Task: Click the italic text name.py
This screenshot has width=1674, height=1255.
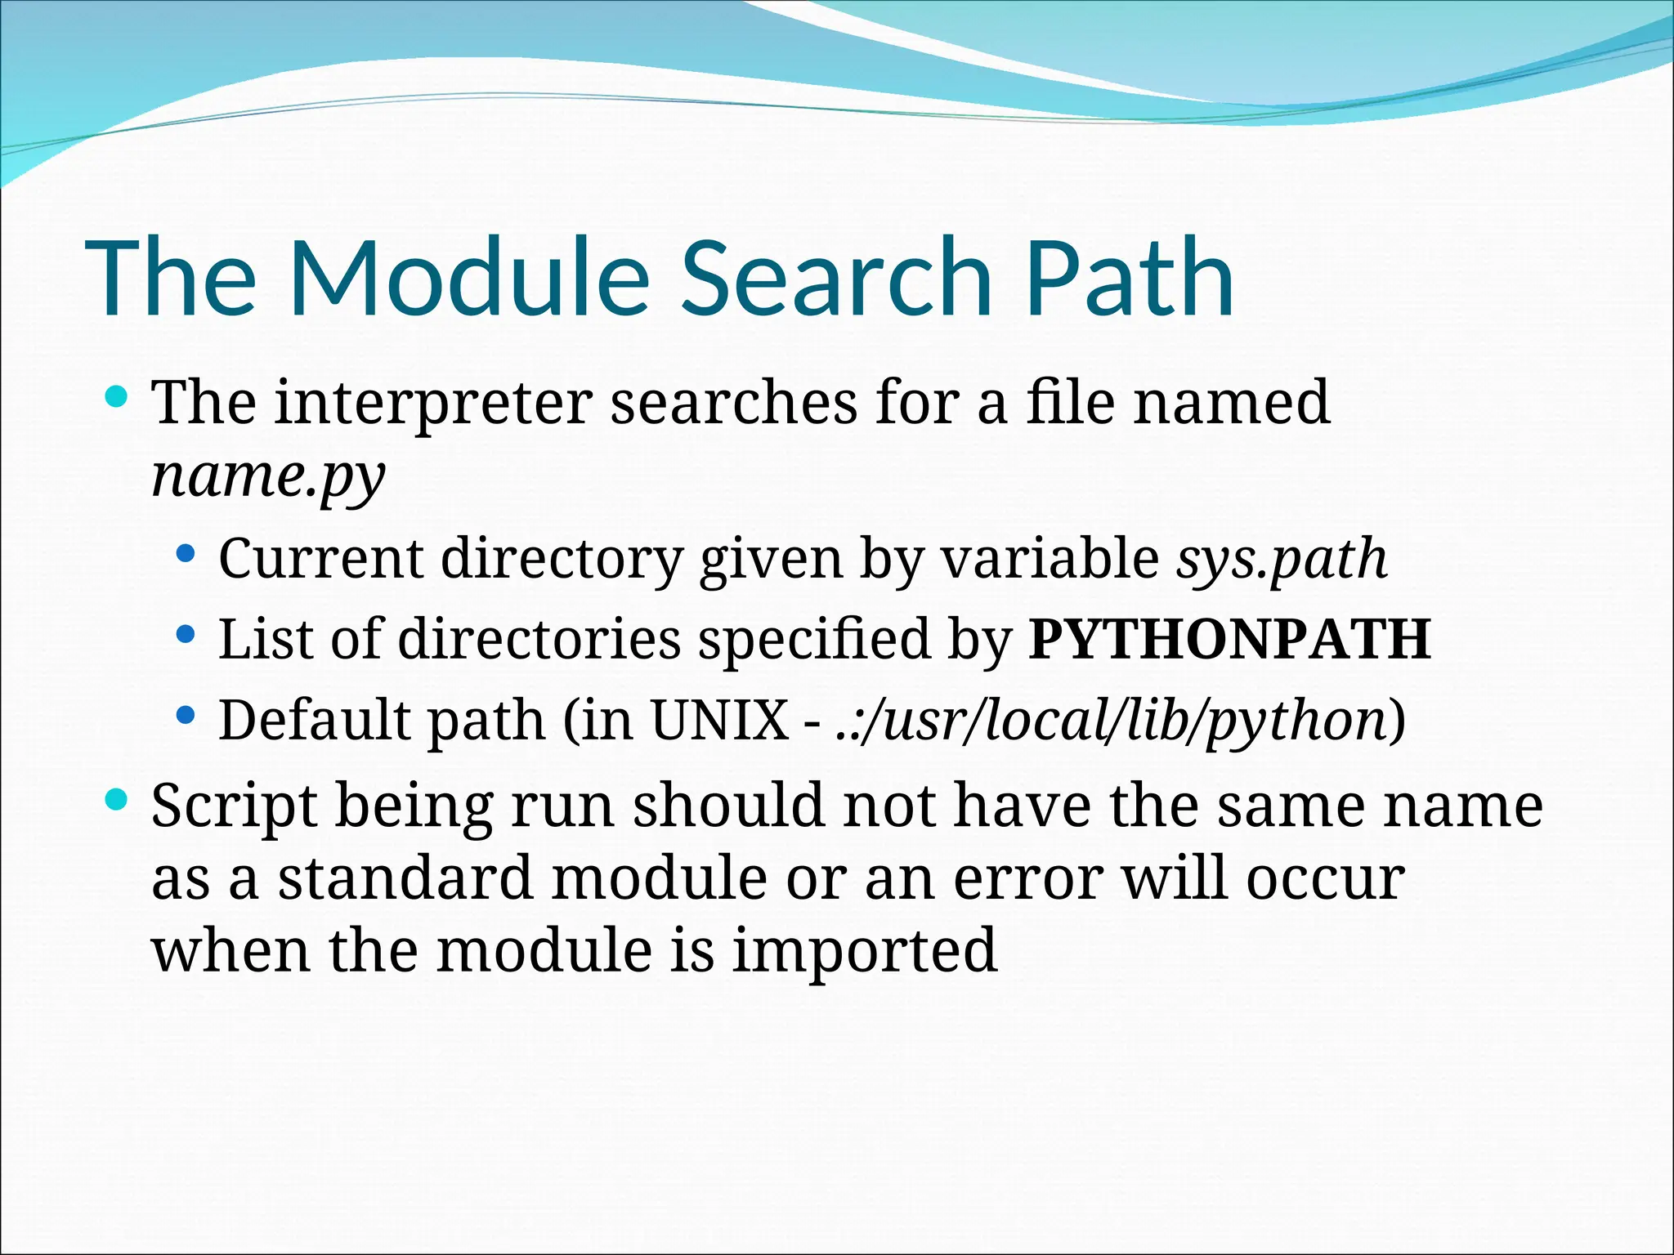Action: [268, 477]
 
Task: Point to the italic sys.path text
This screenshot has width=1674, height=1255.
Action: [1281, 559]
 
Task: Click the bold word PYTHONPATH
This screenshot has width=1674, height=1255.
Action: [1229, 639]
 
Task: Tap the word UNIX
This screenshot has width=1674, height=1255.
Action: [718, 721]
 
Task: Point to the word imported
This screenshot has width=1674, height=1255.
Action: [864, 951]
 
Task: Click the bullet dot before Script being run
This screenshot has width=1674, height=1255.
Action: [118, 800]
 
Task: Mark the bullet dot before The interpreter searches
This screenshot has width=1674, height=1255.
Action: [118, 398]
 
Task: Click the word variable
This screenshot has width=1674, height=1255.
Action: [1049, 559]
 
